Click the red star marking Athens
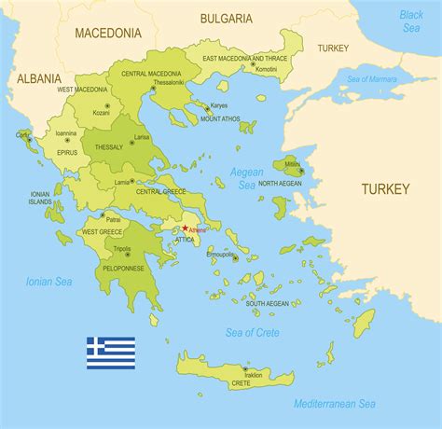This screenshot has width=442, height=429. coord(185,228)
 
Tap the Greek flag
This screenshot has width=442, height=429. coord(111,353)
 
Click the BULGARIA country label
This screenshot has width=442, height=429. coord(226,18)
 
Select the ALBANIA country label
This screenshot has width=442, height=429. coord(38,79)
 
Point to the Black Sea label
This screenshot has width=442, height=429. coord(411,21)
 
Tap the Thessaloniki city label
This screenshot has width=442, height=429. coord(169,82)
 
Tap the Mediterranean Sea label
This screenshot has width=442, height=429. coord(335,403)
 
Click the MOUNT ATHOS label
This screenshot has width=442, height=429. coord(221,119)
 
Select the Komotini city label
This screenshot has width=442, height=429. coord(267,69)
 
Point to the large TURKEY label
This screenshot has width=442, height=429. coord(385,188)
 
